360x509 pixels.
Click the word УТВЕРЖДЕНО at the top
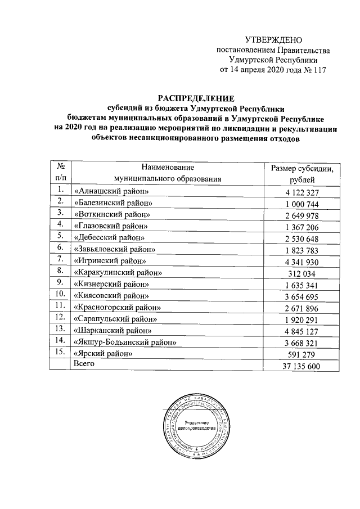tap(274, 40)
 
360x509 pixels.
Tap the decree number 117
tap(318, 70)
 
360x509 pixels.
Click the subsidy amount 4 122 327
tap(302, 193)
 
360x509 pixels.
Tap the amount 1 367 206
tap(302, 227)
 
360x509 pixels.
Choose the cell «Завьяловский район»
tap(115, 249)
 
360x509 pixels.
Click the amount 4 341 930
tap(302, 261)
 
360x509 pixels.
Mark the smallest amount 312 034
tap(302, 273)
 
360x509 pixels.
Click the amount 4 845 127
tap(302, 331)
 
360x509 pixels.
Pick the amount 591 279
tap(302, 354)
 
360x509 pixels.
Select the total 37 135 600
tap(302, 366)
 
